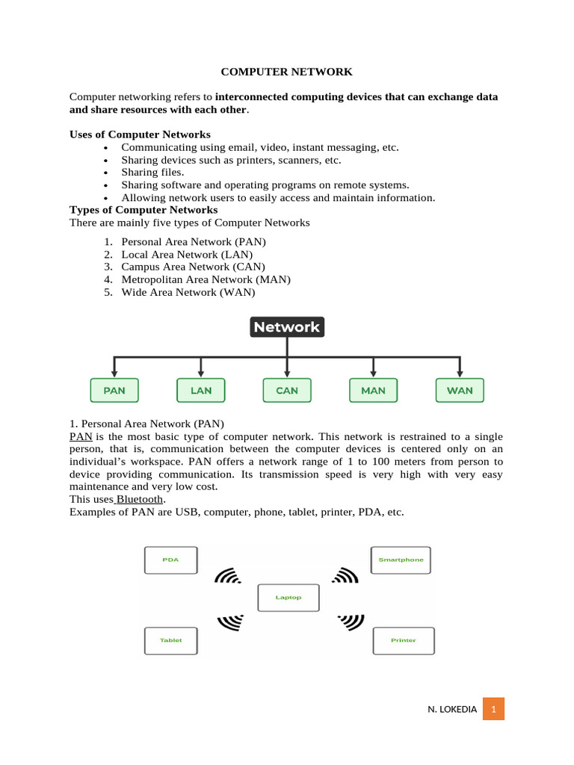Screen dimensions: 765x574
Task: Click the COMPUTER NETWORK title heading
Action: [x=286, y=72]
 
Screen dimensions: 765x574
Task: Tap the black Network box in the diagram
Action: [x=286, y=327]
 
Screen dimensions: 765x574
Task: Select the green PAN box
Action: [x=114, y=391]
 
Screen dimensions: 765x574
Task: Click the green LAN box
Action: [x=200, y=391]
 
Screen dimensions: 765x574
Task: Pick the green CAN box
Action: [x=287, y=391]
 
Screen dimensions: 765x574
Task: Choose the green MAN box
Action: [x=373, y=391]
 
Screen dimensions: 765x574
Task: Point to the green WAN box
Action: [x=460, y=391]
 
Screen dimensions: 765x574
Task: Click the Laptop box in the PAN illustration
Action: [x=288, y=598]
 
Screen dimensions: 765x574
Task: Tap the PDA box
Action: [x=170, y=560]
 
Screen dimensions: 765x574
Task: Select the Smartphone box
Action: [x=401, y=560]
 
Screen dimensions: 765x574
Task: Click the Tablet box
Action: [x=170, y=640]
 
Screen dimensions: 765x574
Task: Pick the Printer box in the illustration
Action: [x=403, y=640]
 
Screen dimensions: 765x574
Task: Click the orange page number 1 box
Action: [x=493, y=709]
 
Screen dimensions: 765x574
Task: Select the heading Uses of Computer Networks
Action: [x=140, y=134]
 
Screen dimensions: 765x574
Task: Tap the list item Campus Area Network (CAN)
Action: [x=193, y=267]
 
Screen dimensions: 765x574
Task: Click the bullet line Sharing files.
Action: [x=152, y=173]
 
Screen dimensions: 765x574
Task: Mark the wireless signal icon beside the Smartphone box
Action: [x=346, y=576]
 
